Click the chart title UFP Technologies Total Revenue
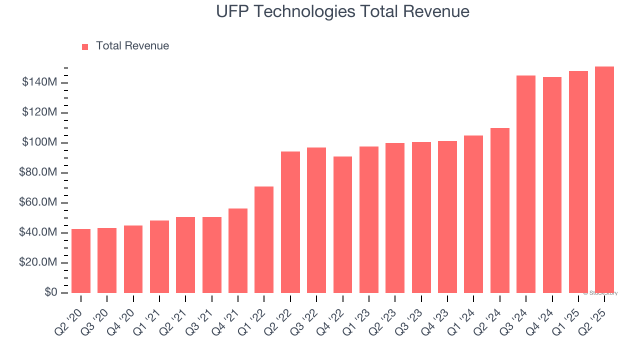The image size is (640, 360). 342,11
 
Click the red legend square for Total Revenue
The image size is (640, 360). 85,46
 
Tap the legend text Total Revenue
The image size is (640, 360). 132,46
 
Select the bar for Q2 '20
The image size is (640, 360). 81,261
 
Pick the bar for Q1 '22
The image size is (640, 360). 264,240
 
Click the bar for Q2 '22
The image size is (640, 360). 290,222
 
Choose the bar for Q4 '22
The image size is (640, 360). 342,225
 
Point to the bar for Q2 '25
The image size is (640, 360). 604,180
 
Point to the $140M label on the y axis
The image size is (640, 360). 39,82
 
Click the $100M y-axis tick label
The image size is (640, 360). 39,142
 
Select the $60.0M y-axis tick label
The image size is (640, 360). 37,202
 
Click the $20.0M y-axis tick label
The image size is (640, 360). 37,262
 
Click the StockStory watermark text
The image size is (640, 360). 600,293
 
